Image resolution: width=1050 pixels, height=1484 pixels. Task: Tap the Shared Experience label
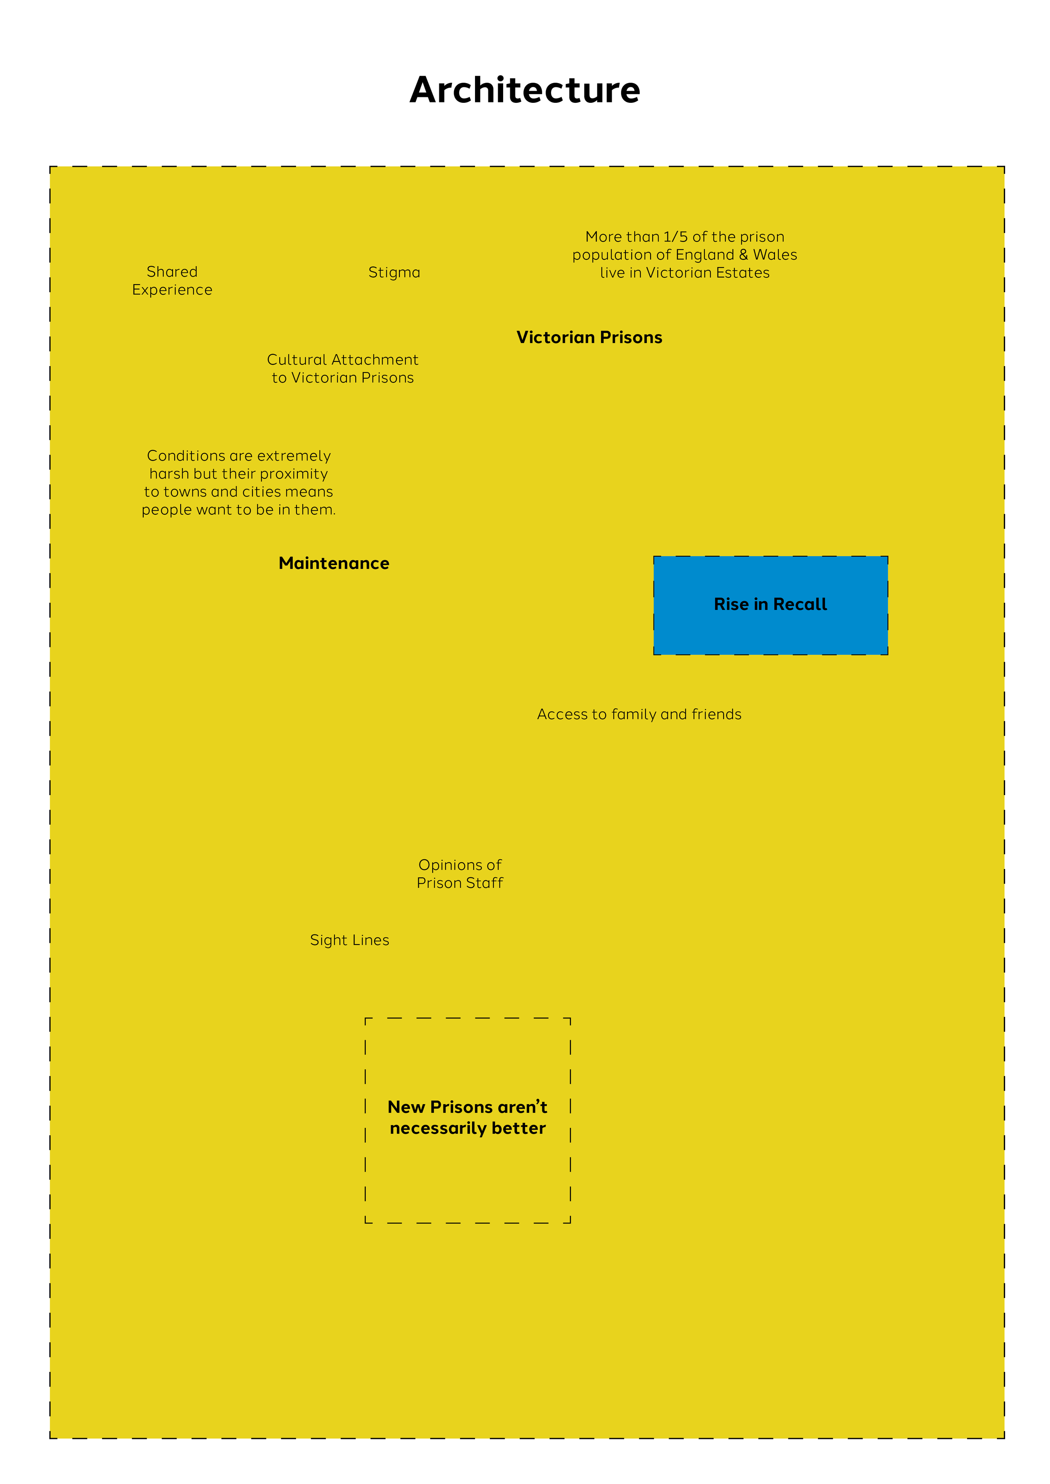pos(172,280)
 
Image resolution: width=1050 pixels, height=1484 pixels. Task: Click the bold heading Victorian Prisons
pos(589,338)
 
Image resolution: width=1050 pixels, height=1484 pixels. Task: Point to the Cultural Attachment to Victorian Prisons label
pos(343,369)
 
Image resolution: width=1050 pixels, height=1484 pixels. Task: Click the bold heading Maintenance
pos(333,563)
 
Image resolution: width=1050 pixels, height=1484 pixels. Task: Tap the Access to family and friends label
pos(639,714)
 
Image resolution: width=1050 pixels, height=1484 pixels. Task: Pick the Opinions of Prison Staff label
pos(460,874)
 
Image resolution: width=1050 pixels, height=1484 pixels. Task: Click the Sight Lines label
pos(349,940)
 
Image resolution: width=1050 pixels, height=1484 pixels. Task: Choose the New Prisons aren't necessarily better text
pos(467,1118)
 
